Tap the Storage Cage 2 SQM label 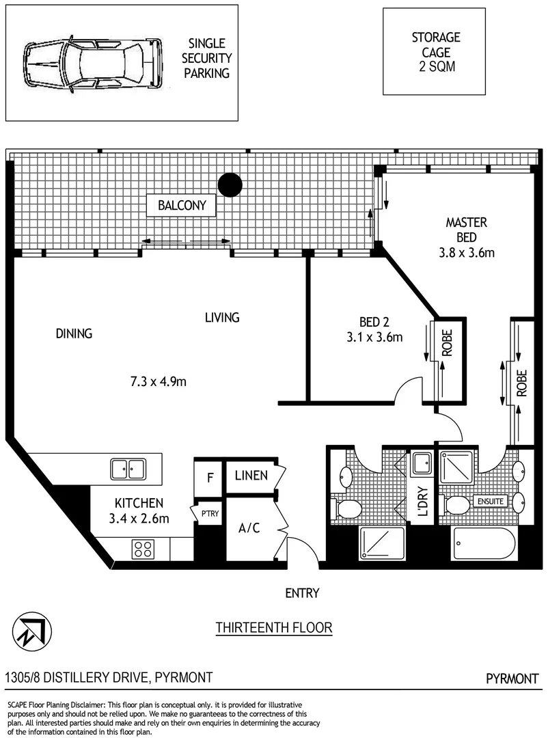click(x=436, y=52)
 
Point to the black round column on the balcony click(x=231, y=183)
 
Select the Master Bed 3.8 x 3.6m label click(x=466, y=237)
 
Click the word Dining click(x=74, y=333)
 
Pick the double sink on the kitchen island click(x=128, y=468)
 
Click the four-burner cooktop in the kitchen click(x=143, y=547)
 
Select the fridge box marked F click(x=210, y=477)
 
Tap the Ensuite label click(x=491, y=502)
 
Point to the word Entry click(x=302, y=593)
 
